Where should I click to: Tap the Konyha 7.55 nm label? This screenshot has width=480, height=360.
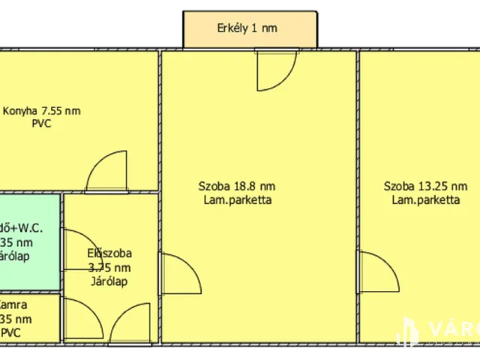(41, 111)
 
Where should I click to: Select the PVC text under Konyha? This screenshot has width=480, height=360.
(41, 124)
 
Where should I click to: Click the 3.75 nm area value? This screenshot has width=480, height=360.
(109, 268)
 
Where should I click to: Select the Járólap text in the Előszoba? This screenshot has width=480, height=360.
(109, 281)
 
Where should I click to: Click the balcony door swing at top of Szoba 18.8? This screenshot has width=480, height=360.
(269, 70)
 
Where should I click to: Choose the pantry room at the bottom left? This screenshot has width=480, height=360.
(28, 318)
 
